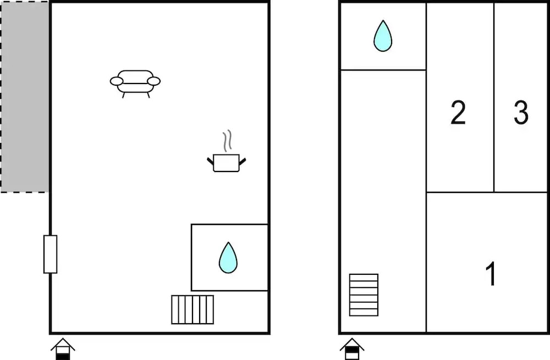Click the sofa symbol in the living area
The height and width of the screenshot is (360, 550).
tap(135, 84)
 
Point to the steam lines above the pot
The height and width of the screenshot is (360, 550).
tap(227, 141)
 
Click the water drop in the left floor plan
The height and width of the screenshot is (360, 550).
tap(228, 258)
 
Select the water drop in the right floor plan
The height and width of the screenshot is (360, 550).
tap(383, 36)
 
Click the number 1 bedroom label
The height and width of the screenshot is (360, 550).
tap(491, 273)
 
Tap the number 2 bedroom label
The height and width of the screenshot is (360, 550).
tap(458, 112)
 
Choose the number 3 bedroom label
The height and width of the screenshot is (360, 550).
tap(521, 112)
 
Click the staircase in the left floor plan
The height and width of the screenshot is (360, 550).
tap(193, 309)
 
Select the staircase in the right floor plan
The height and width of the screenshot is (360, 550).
tap(364, 295)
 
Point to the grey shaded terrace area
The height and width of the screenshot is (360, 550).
tap(25, 97)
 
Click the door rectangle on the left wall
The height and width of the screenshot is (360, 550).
tap(50, 254)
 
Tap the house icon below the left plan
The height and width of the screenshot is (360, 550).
tap(63, 349)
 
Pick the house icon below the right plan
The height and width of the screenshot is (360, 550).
tap(352, 349)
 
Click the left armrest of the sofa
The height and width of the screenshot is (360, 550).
tap(117, 81)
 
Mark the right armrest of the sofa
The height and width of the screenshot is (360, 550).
tap(153, 81)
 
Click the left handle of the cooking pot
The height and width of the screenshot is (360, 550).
tap(210, 161)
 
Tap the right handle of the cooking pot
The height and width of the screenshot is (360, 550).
tap(243, 161)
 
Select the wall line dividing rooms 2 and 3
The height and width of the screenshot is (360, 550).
tap(494, 97)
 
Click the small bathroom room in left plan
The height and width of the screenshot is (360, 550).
tap(230, 257)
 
